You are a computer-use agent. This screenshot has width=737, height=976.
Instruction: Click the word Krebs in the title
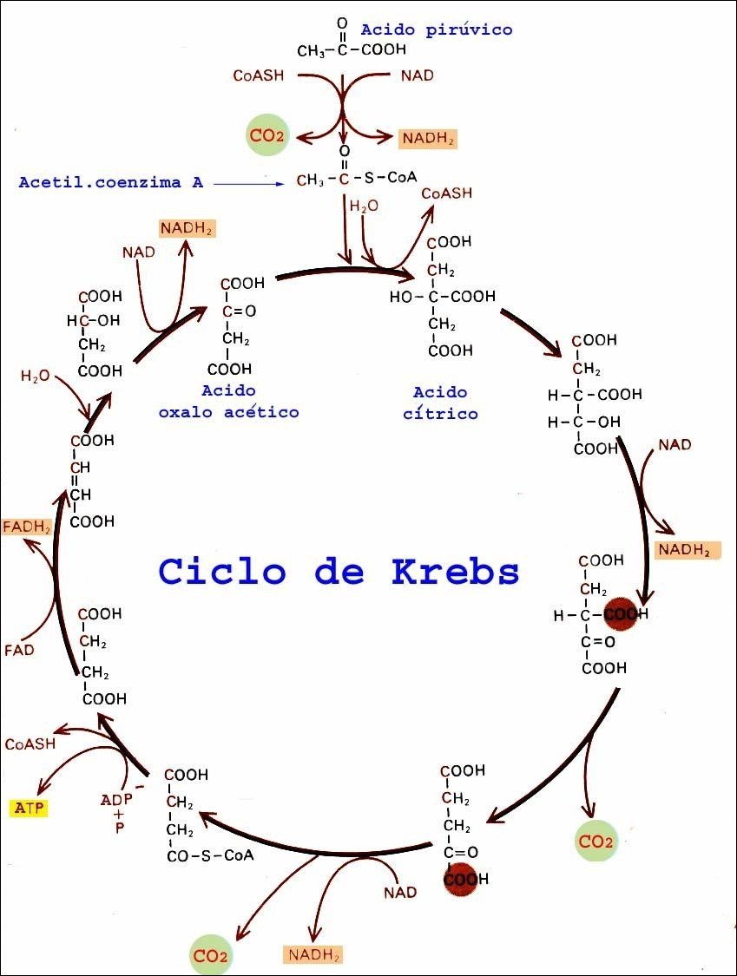tap(455, 571)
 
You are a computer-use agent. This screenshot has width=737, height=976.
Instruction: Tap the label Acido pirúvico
tap(437, 29)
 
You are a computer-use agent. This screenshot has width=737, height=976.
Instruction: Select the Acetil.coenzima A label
tap(112, 182)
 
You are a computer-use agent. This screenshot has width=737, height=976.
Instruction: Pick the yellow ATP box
tap(29, 809)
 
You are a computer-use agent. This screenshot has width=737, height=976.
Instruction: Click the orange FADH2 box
tap(27, 526)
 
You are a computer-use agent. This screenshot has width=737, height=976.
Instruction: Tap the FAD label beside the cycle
tap(19, 649)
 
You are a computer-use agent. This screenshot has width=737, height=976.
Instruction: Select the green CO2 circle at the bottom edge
tap(210, 956)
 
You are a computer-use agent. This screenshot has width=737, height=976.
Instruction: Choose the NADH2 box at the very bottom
tap(313, 955)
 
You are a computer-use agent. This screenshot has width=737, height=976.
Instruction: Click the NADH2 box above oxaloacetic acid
tap(186, 228)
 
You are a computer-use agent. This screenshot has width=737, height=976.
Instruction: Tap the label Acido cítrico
tap(440, 403)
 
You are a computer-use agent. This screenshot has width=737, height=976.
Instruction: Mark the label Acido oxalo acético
tap(228, 401)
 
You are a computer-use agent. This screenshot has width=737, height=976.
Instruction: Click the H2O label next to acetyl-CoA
tap(364, 207)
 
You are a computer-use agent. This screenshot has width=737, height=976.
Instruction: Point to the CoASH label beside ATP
tap(30, 743)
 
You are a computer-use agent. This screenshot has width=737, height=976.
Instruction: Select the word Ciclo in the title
tap(222, 571)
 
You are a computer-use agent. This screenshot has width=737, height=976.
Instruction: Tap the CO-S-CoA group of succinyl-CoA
tap(210, 856)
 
